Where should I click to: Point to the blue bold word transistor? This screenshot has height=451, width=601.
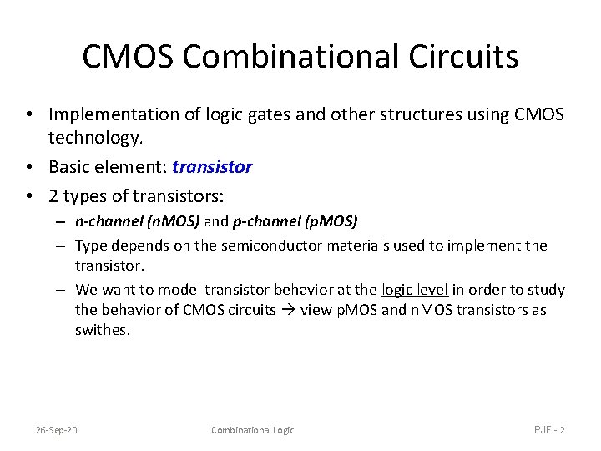click(212, 167)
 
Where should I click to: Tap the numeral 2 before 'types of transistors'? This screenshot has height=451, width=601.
click(53, 198)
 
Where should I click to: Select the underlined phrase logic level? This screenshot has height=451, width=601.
click(415, 290)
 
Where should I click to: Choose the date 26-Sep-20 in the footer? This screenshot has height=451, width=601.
click(56, 430)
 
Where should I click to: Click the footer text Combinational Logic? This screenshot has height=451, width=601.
click(252, 430)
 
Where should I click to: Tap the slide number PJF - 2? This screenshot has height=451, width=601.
click(549, 430)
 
